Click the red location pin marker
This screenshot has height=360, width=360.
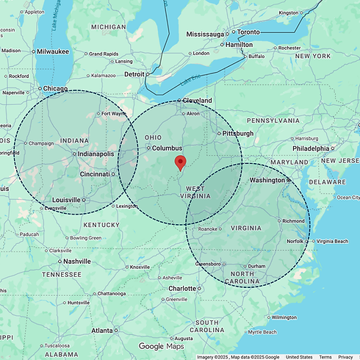(x=180, y=162)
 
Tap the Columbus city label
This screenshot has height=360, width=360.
(x=167, y=148)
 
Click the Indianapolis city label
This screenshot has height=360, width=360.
(x=96, y=154)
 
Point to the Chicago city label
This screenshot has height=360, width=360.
(x=55, y=89)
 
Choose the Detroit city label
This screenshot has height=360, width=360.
(x=134, y=74)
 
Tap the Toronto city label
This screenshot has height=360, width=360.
(x=249, y=32)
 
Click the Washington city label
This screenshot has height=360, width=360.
(x=267, y=179)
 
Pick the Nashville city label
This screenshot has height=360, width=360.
(x=76, y=261)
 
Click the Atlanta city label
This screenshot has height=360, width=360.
(x=102, y=331)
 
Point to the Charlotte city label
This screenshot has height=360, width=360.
(x=182, y=289)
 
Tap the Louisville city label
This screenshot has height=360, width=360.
(x=67, y=200)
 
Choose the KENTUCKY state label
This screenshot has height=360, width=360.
(x=101, y=224)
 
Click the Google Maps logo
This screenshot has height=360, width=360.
(x=161, y=346)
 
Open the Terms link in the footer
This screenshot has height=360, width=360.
(x=325, y=356)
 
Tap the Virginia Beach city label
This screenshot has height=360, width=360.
(x=336, y=241)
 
